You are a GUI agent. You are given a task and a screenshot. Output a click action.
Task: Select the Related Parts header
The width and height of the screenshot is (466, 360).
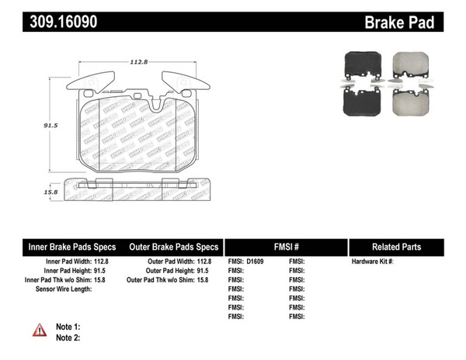pos(396,247)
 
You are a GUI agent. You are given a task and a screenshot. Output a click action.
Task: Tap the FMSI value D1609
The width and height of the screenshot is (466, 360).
pos(256,261)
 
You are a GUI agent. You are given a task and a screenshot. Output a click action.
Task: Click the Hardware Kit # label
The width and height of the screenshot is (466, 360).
pos(373,261)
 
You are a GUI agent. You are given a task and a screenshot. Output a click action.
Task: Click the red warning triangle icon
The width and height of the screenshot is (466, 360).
pos(40,331)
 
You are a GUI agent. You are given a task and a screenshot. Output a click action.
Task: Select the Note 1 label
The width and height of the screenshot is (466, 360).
pos(68,327)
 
